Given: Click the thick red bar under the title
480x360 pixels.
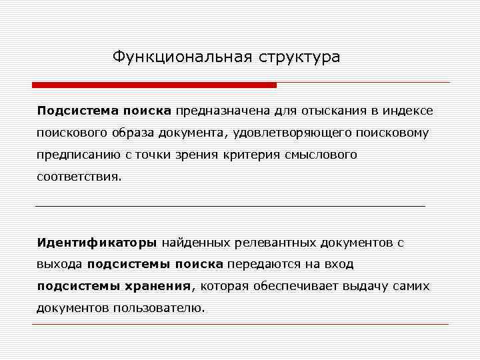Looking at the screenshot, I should [154, 85].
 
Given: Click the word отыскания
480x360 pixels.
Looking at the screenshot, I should [323, 110].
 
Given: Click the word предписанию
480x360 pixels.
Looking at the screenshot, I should [70, 155].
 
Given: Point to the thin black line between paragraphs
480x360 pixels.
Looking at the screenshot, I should [230, 207].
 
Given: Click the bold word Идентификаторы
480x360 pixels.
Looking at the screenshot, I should [97, 242].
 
